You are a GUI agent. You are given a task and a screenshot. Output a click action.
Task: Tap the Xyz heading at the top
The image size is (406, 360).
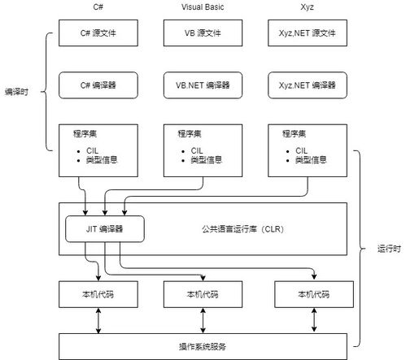(x=307, y=7)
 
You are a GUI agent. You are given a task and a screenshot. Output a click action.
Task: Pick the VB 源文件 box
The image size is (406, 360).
(x=203, y=35)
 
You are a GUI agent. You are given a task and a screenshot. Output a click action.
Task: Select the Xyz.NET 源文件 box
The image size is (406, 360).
(x=307, y=35)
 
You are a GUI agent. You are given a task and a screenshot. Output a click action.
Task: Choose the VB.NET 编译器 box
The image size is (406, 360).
(x=203, y=85)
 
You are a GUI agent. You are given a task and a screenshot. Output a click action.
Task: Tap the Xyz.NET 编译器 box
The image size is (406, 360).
(x=307, y=85)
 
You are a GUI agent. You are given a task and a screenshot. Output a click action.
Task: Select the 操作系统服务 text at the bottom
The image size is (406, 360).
(x=202, y=345)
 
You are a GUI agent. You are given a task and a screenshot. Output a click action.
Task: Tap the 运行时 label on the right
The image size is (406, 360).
(x=390, y=249)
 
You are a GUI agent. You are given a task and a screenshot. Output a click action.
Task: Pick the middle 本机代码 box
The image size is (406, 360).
(x=203, y=293)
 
